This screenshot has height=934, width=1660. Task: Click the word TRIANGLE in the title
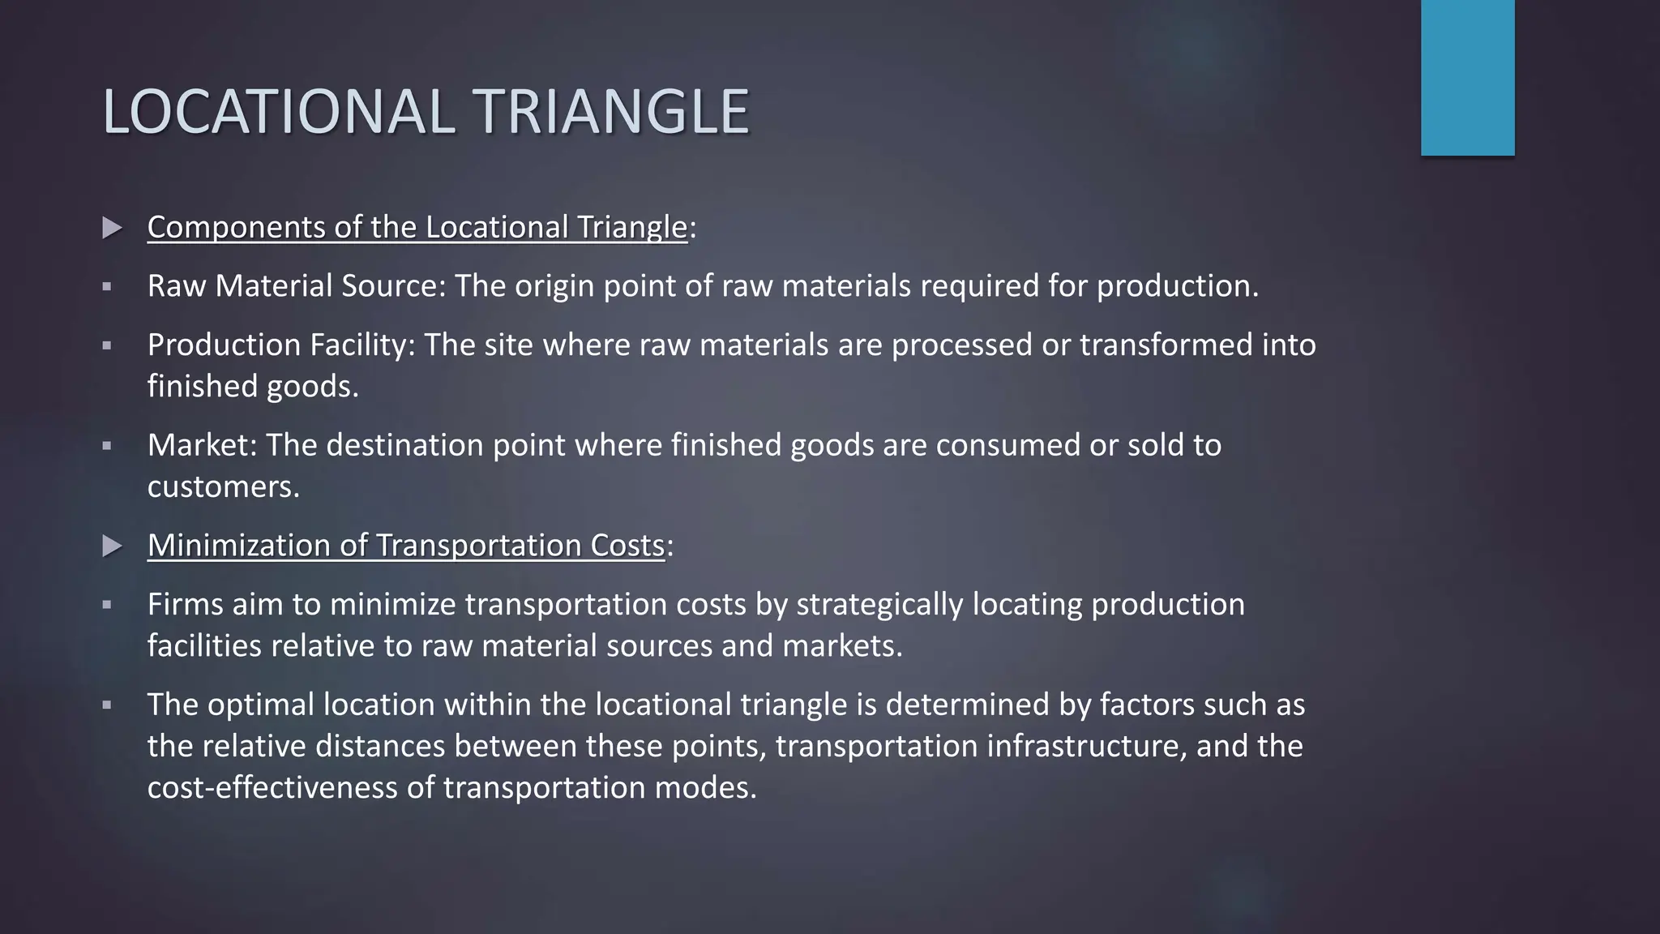click(x=614, y=112)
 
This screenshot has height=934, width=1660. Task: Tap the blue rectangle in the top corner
click(x=1467, y=77)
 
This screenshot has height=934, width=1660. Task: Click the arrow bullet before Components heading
click(x=113, y=228)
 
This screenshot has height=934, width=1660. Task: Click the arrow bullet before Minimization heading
click(x=113, y=546)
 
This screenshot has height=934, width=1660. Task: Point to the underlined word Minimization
click(x=239, y=546)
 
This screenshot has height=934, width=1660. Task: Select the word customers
click(x=222, y=486)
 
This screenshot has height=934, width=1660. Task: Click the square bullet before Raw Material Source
click(x=106, y=287)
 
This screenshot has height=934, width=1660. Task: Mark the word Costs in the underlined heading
click(x=627, y=546)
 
